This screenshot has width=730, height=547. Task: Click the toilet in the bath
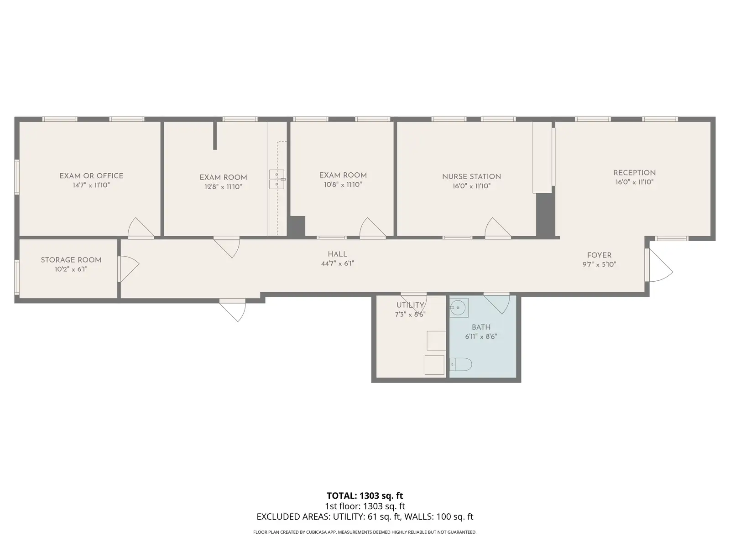(x=461, y=364)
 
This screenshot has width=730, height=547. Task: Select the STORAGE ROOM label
(x=71, y=260)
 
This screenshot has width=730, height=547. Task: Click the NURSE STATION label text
(x=472, y=177)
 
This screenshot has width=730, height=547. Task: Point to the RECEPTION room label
(x=635, y=173)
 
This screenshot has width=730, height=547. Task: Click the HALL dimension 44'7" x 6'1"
(x=338, y=263)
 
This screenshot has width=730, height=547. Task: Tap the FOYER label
(x=600, y=255)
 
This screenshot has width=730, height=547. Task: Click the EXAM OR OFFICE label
(x=91, y=176)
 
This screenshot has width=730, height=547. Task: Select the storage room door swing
(x=129, y=269)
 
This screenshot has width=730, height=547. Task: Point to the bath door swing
(x=497, y=303)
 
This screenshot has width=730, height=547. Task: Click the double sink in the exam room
(x=276, y=179)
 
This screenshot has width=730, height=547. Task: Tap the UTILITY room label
(x=410, y=305)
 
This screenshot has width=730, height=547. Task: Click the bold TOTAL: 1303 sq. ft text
(x=365, y=495)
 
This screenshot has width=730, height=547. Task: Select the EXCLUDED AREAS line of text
(x=365, y=516)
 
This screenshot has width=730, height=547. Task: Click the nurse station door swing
(x=498, y=227)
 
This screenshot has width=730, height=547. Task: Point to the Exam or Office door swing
(x=141, y=227)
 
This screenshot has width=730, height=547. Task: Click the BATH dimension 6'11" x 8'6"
(x=481, y=336)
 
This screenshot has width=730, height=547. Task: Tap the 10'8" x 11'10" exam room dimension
(x=343, y=185)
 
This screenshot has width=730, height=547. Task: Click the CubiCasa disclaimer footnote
(x=365, y=532)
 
